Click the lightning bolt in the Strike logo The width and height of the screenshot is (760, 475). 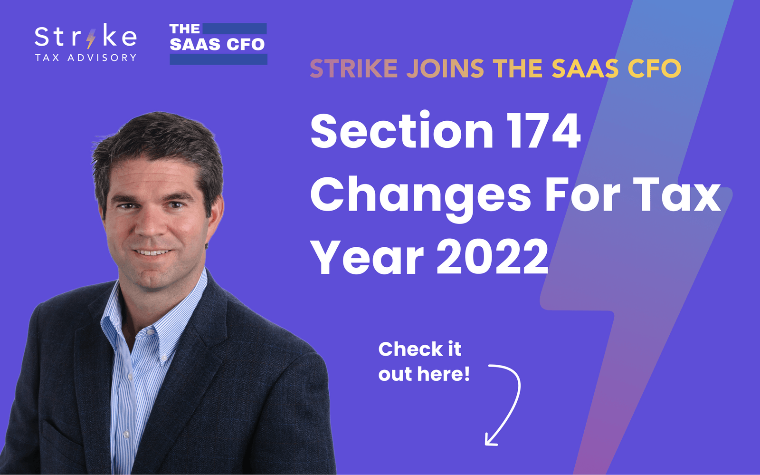[91, 38]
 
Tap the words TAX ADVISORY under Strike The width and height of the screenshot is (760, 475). [85, 58]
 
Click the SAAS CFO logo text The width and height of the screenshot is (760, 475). [217, 44]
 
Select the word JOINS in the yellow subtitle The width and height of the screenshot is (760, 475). [445, 69]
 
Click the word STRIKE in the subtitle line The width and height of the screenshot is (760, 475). [353, 69]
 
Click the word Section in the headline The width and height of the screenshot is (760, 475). [402, 131]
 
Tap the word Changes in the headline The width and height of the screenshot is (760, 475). [421, 196]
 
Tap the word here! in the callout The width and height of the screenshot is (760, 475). [444, 374]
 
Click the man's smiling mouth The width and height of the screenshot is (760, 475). [152, 252]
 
